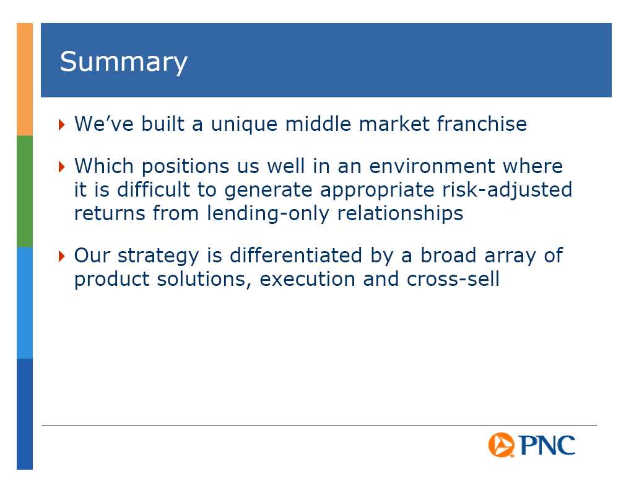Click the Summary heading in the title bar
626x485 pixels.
pyautogui.click(x=123, y=62)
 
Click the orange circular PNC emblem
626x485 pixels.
pyautogui.click(x=501, y=445)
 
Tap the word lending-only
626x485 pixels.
pyautogui.click(x=268, y=213)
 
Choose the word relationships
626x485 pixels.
pyautogui.click(x=400, y=213)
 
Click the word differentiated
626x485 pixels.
pyautogui.click(x=296, y=255)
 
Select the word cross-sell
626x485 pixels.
pyautogui.click(x=453, y=278)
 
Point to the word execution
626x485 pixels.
pyautogui.click(x=307, y=279)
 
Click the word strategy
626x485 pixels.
pyautogui.click(x=158, y=256)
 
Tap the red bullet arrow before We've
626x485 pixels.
pyautogui.click(x=61, y=124)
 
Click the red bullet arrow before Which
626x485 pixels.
pyautogui.click(x=61, y=166)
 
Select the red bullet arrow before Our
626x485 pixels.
pyautogui.click(x=61, y=256)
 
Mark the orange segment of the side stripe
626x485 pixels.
pyautogui.click(x=25, y=79)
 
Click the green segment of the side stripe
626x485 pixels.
pyautogui.click(x=25, y=191)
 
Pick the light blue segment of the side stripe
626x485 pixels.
pyautogui.click(x=25, y=303)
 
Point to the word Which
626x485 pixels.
pyautogui.click(x=104, y=166)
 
